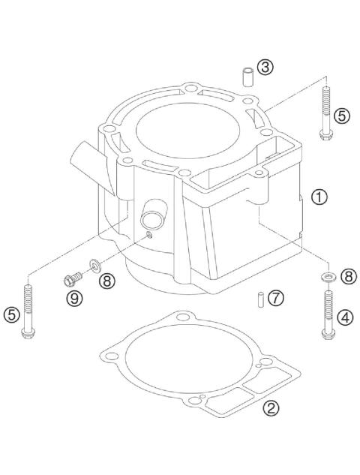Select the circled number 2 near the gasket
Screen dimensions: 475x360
(x=272, y=409)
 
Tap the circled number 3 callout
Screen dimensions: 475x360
(x=264, y=68)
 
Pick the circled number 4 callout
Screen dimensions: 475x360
(x=345, y=317)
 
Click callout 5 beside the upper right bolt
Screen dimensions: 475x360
(x=341, y=116)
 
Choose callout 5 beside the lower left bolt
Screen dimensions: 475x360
(x=11, y=316)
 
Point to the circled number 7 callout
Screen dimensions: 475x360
(x=276, y=298)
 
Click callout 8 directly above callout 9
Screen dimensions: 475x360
(x=106, y=281)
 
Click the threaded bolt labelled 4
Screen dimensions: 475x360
(x=326, y=315)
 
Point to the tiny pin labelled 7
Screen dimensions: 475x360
(x=257, y=298)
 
